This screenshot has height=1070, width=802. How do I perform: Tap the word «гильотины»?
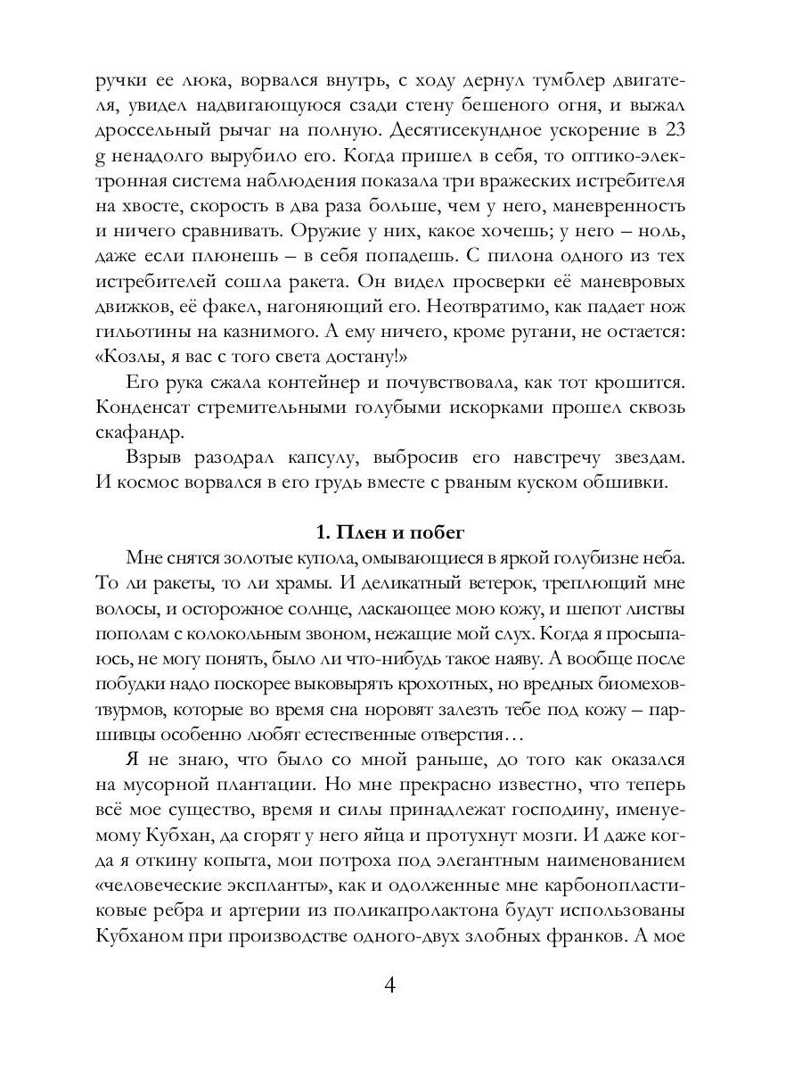coord(143,332)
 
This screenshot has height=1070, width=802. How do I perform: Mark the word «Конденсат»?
coord(144,408)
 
